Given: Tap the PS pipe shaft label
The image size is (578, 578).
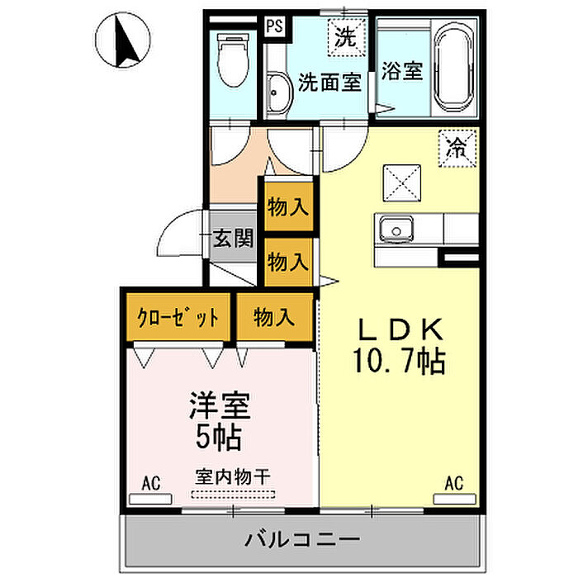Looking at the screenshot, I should [x=273, y=26].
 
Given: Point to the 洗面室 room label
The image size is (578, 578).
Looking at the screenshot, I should [x=330, y=83].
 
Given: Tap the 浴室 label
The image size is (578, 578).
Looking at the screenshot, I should [x=402, y=72].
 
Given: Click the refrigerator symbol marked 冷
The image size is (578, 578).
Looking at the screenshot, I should [x=455, y=149].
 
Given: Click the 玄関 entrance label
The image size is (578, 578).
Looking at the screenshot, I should [x=234, y=239].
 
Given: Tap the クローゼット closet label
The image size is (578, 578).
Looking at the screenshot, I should [x=179, y=317].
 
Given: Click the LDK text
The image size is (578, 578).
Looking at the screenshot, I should [x=401, y=329].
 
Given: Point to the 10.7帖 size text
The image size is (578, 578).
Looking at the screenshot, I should [x=402, y=360].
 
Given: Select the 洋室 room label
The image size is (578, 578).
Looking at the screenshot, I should [x=220, y=405].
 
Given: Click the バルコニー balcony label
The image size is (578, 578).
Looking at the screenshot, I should [x=302, y=541].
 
